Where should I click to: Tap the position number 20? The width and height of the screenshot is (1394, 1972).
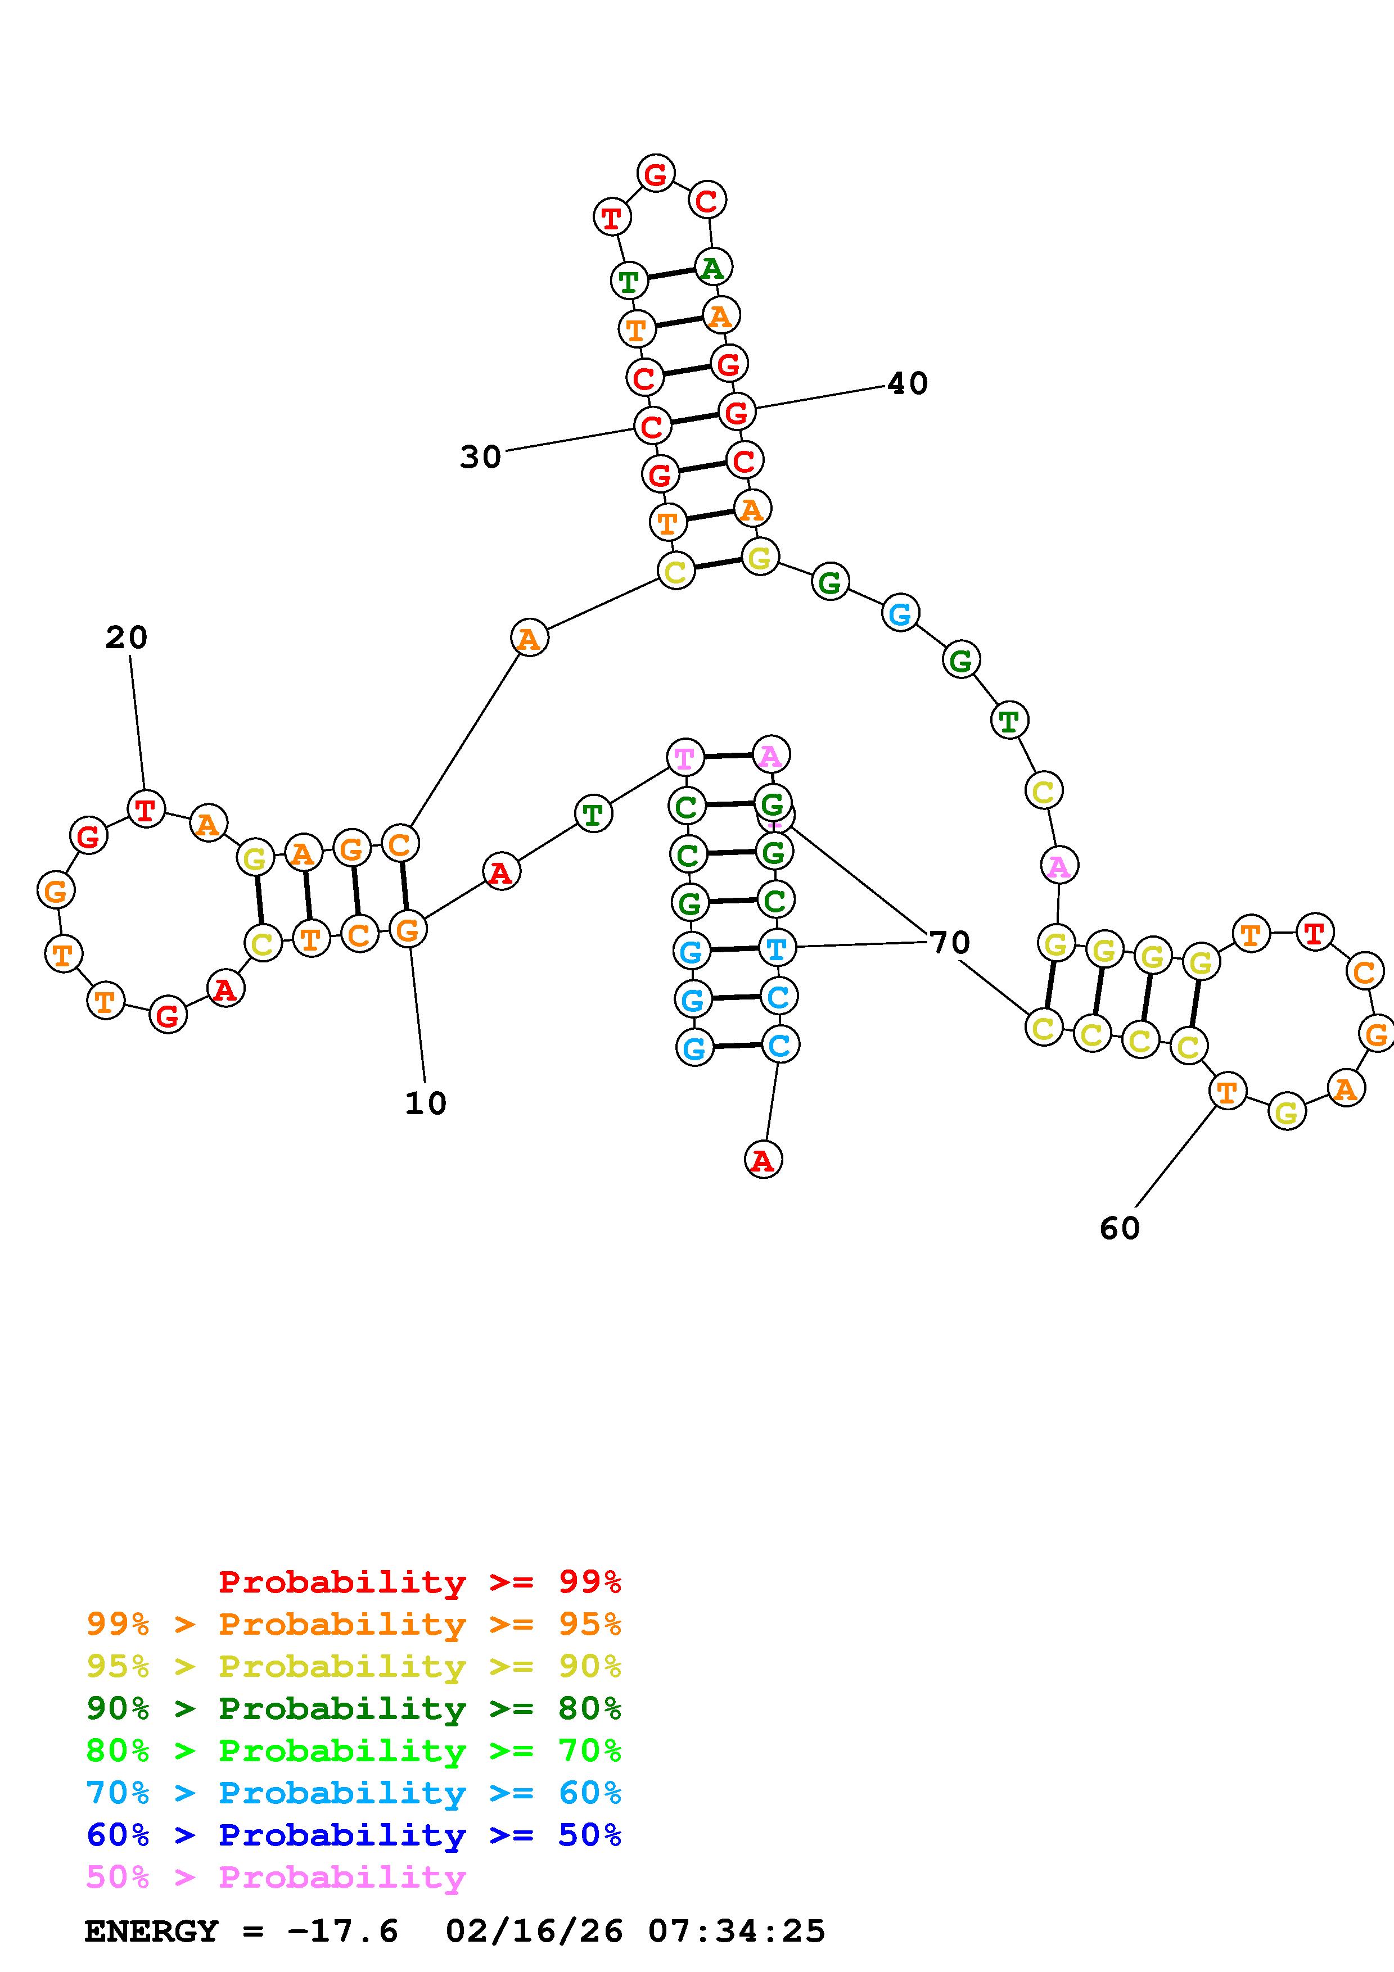click(127, 637)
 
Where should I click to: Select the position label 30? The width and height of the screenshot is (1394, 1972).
click(480, 457)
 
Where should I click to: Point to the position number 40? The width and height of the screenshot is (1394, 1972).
click(907, 383)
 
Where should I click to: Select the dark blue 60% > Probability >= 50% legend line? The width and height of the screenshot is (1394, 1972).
click(354, 1835)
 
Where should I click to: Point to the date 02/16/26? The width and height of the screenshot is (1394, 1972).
click(534, 1932)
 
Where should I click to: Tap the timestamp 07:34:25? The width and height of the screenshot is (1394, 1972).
click(736, 1932)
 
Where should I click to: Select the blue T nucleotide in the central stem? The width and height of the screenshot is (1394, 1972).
click(775, 948)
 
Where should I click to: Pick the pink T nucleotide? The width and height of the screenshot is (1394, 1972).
click(684, 758)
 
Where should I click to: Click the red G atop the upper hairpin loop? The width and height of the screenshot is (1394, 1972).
click(655, 174)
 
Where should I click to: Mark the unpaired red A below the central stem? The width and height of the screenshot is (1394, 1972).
click(763, 1160)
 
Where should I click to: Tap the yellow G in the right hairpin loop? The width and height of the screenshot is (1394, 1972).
click(1286, 1113)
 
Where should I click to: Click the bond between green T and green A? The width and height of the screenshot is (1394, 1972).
click(671, 274)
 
